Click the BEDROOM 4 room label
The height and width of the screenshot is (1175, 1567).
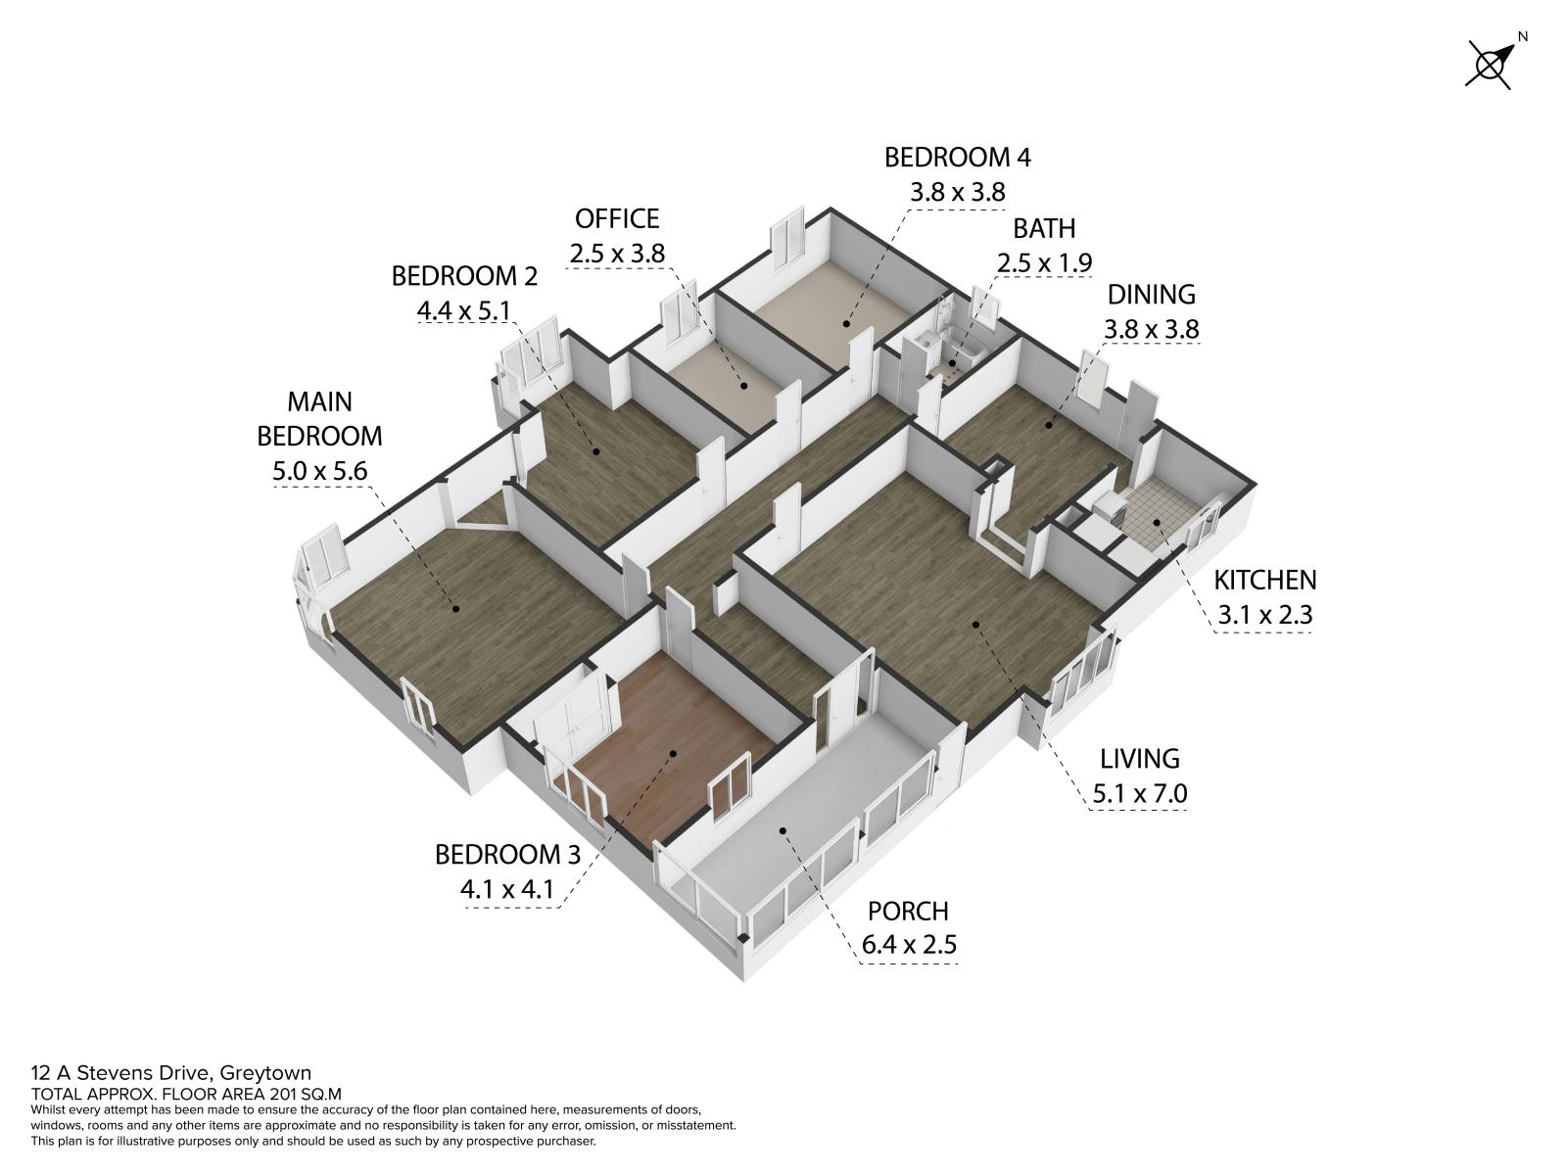pyautogui.click(x=957, y=158)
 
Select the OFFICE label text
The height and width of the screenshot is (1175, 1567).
pyautogui.click(x=617, y=219)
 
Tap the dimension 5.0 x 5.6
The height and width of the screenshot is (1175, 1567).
pyautogui.click(x=320, y=471)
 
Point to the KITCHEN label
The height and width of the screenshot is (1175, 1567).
pyautogui.click(x=1265, y=581)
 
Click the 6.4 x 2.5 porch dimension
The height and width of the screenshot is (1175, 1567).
pyautogui.click(x=909, y=945)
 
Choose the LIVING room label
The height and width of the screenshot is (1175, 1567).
pyautogui.click(x=1139, y=758)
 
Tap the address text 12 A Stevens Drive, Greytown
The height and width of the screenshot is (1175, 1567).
pyautogui.click(x=171, y=1073)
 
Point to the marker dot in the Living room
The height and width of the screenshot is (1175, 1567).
pyautogui.click(x=975, y=625)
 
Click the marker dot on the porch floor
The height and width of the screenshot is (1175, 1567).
pyautogui.click(x=783, y=830)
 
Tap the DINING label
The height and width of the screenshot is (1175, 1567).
pyautogui.click(x=1151, y=295)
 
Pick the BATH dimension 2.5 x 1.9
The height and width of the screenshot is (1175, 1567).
pyautogui.click(x=1044, y=264)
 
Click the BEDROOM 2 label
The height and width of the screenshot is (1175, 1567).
pyautogui.click(x=464, y=276)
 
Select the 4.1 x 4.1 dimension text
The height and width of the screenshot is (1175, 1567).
pyautogui.click(x=507, y=889)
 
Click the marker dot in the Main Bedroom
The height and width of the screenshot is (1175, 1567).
pyautogui.click(x=455, y=608)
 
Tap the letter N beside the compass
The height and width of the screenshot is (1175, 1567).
pyautogui.click(x=1523, y=37)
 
